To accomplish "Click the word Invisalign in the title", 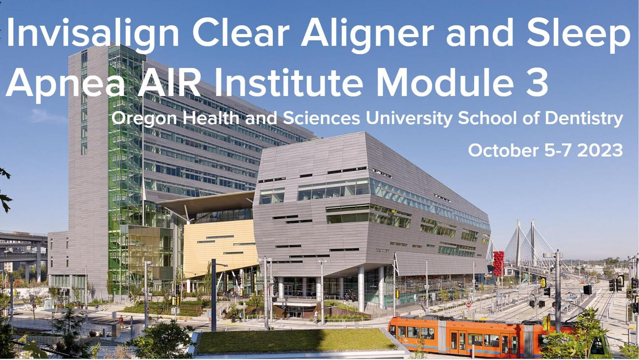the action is click(93, 34).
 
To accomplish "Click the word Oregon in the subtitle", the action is click(144, 119).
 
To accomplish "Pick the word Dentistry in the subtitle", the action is click(584, 119).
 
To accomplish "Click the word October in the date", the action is click(503, 150).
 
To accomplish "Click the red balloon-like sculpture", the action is click(499, 263).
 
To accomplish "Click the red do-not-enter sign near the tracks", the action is click(469, 305).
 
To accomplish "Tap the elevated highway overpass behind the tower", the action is click(23, 245).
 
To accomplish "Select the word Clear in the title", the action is click(241, 33).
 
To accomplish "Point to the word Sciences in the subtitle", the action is click(321, 118).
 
